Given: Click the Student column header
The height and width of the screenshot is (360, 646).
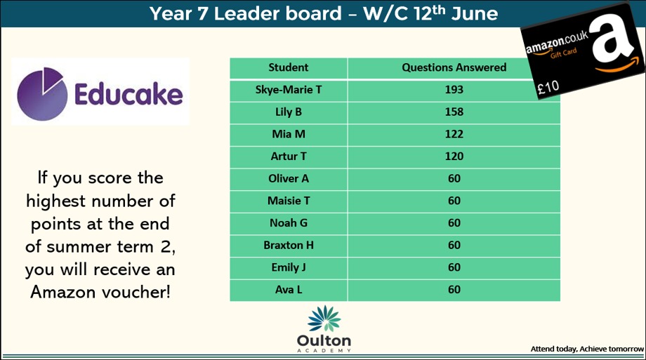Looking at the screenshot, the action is click(289, 67).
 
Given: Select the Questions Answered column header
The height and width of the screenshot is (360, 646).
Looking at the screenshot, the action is click(454, 67).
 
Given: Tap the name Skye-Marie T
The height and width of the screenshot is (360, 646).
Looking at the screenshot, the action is click(289, 90).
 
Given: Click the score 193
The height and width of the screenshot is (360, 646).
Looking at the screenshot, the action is click(454, 90).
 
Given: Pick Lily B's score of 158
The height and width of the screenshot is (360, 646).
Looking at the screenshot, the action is click(454, 112).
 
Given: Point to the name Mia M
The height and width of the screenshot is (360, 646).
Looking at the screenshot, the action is click(289, 134).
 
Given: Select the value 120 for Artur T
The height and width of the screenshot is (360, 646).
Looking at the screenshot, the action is click(454, 156).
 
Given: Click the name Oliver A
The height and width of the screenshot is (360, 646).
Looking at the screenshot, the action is click(289, 179).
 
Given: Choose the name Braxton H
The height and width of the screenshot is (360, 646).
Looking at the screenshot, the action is click(289, 246).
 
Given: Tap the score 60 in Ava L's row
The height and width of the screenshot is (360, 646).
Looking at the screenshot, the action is click(454, 290).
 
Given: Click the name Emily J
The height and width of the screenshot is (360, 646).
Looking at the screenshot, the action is click(289, 268).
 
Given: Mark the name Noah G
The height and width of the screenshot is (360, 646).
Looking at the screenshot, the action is click(289, 223).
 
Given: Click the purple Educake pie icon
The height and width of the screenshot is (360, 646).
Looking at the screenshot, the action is click(42, 94).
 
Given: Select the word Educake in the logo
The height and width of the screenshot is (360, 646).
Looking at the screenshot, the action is click(128, 94).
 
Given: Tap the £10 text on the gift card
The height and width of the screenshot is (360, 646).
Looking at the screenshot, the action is click(548, 88).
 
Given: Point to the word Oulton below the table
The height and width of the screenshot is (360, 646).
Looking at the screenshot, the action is click(324, 341).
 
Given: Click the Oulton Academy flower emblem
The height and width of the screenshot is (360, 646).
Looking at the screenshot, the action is click(324, 319).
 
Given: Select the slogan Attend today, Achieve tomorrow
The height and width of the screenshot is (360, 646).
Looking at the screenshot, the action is click(587, 349).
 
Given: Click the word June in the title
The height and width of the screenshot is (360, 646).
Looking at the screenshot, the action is click(475, 14).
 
